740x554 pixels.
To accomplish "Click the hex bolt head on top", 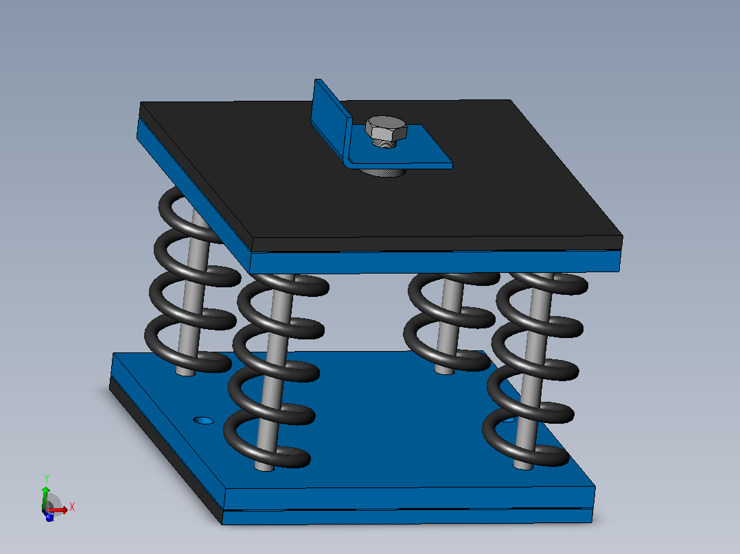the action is [x=386, y=128].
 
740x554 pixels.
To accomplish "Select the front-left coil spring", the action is [x=277, y=370].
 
